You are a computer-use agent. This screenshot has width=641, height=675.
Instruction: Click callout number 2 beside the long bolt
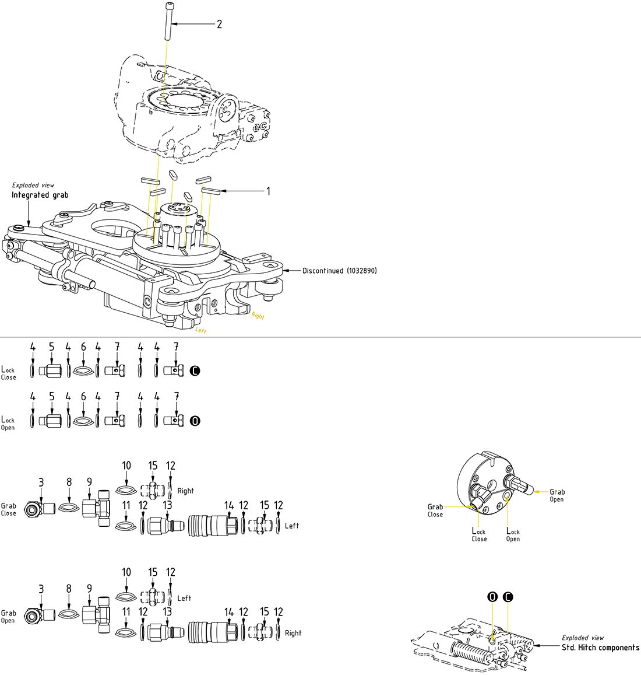point(219,24)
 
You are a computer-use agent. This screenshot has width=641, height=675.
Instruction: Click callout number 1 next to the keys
point(268,191)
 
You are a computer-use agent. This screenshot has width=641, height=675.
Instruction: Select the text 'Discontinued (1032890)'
point(339,271)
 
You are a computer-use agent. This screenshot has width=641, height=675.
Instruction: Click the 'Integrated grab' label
point(40,195)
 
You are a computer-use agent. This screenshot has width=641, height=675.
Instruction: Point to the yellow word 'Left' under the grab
point(200,331)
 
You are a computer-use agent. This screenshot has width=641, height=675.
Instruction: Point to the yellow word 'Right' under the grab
point(258,316)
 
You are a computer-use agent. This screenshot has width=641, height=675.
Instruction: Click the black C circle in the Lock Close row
point(195,370)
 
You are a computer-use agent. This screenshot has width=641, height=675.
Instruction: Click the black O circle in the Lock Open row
point(195,421)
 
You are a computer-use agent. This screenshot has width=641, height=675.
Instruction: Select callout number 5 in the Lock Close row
point(51,347)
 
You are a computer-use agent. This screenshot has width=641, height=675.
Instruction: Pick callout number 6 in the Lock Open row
point(83,397)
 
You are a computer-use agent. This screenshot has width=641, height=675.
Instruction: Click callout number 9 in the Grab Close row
point(89,482)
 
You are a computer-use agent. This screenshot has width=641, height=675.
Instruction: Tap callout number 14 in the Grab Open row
point(229,612)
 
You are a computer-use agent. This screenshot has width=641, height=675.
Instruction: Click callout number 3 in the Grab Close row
point(41,482)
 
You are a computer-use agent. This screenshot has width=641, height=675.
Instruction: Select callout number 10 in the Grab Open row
point(126,572)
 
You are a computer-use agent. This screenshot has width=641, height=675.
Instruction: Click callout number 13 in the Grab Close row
point(167,505)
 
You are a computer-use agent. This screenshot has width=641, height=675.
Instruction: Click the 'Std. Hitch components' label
point(600,647)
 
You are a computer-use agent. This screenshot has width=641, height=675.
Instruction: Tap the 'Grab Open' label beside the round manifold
point(557,495)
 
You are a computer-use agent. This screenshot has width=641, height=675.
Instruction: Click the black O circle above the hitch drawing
point(492,597)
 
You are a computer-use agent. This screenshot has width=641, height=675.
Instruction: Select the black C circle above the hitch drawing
point(509,597)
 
